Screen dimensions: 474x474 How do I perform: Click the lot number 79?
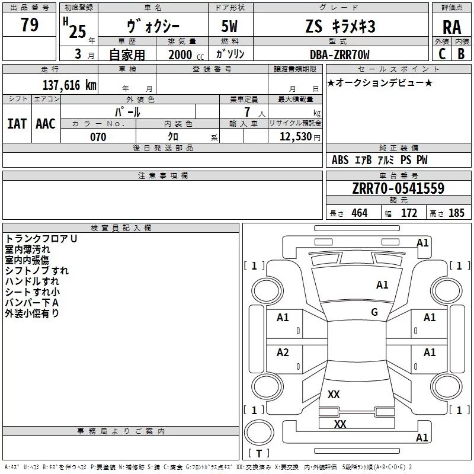[29, 25]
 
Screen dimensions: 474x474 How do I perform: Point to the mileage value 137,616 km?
[69, 85]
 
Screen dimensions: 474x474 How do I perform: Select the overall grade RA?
[451, 27]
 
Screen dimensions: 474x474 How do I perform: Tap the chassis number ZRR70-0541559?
[398, 188]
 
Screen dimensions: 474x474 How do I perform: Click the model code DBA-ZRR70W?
[340, 55]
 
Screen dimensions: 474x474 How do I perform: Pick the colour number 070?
[98, 137]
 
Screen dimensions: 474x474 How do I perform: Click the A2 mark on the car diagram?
[283, 353]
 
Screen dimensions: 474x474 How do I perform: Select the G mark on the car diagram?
[374, 312]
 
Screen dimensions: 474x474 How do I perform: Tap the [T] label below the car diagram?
[258, 454]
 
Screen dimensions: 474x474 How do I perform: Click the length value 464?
[359, 213]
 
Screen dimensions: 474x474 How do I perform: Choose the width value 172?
[409, 213]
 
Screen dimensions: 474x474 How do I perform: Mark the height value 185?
[456, 213]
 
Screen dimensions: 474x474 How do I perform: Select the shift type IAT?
[17, 124]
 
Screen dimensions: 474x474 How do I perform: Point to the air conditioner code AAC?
[46, 124]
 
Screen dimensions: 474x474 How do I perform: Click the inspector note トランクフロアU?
[41, 239]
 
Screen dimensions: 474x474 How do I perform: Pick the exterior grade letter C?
[441, 54]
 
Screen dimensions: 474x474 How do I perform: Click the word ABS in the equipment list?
[340, 160]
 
